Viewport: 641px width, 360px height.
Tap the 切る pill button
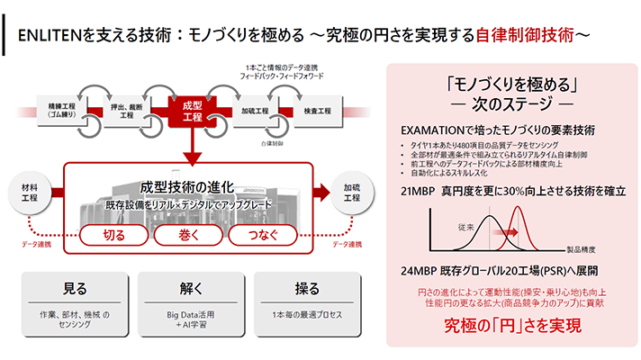[x=114, y=236]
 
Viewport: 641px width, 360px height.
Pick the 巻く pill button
[x=187, y=236]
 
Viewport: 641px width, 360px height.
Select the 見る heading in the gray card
[x=76, y=290]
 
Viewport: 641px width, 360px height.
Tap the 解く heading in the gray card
[x=190, y=290]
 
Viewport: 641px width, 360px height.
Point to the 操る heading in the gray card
[x=304, y=290]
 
